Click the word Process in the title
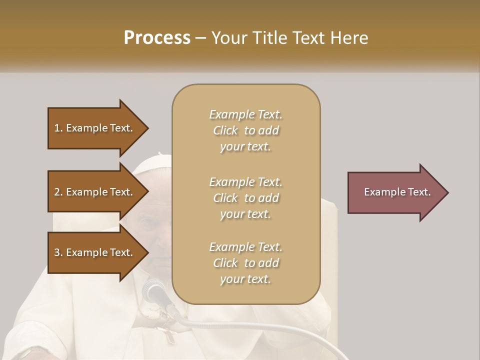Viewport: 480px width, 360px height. click(x=157, y=38)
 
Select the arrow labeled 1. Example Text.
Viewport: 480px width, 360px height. click(x=95, y=128)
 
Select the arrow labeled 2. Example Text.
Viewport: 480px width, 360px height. click(x=95, y=192)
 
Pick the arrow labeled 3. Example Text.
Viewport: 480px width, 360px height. click(x=95, y=252)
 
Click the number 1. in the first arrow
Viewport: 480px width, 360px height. click(x=58, y=128)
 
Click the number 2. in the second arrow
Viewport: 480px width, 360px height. click(x=58, y=192)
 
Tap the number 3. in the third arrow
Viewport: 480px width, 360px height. click(x=58, y=252)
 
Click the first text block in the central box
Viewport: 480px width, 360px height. click(x=245, y=130)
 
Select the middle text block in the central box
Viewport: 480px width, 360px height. click(x=245, y=198)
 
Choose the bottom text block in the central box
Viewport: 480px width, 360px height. click(x=245, y=263)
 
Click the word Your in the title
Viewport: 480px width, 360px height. click(x=228, y=38)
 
